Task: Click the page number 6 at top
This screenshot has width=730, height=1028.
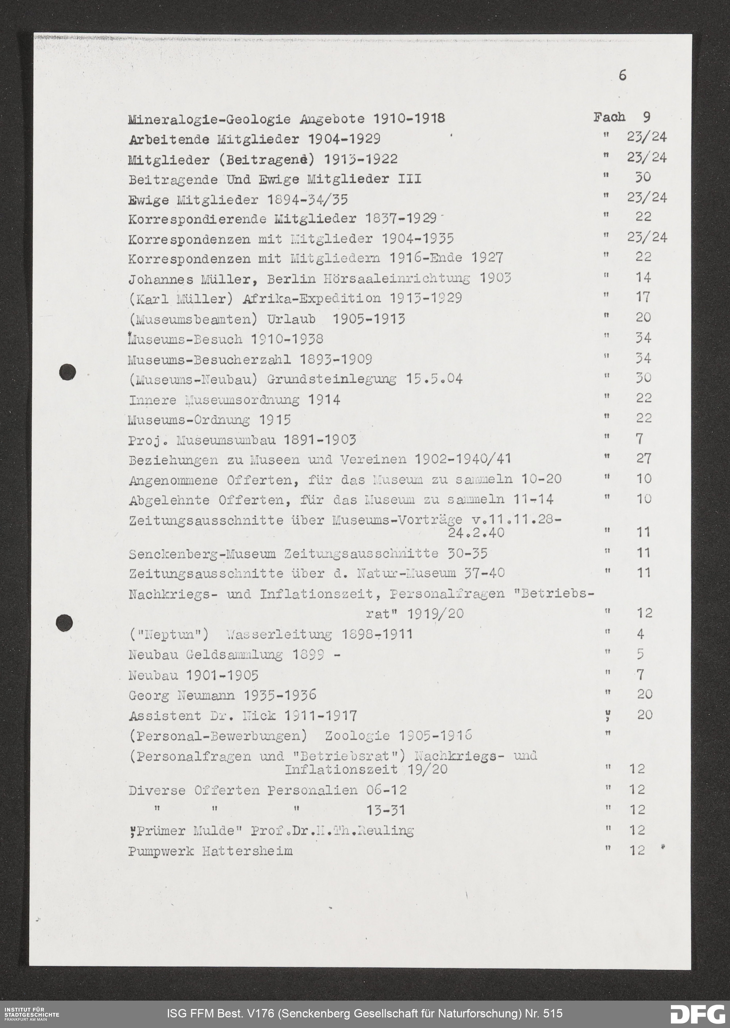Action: click(622, 75)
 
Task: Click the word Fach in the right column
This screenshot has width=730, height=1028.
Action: click(609, 117)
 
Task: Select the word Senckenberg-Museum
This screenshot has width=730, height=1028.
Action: click(202, 554)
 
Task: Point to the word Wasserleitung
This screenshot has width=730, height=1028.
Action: click(279, 635)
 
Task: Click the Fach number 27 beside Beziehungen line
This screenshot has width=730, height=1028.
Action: click(643, 458)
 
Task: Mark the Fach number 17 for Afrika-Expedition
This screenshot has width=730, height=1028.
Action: click(643, 297)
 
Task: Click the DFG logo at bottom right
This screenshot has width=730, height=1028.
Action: click(697, 1014)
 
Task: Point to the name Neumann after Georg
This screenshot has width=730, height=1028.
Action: click(206, 696)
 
